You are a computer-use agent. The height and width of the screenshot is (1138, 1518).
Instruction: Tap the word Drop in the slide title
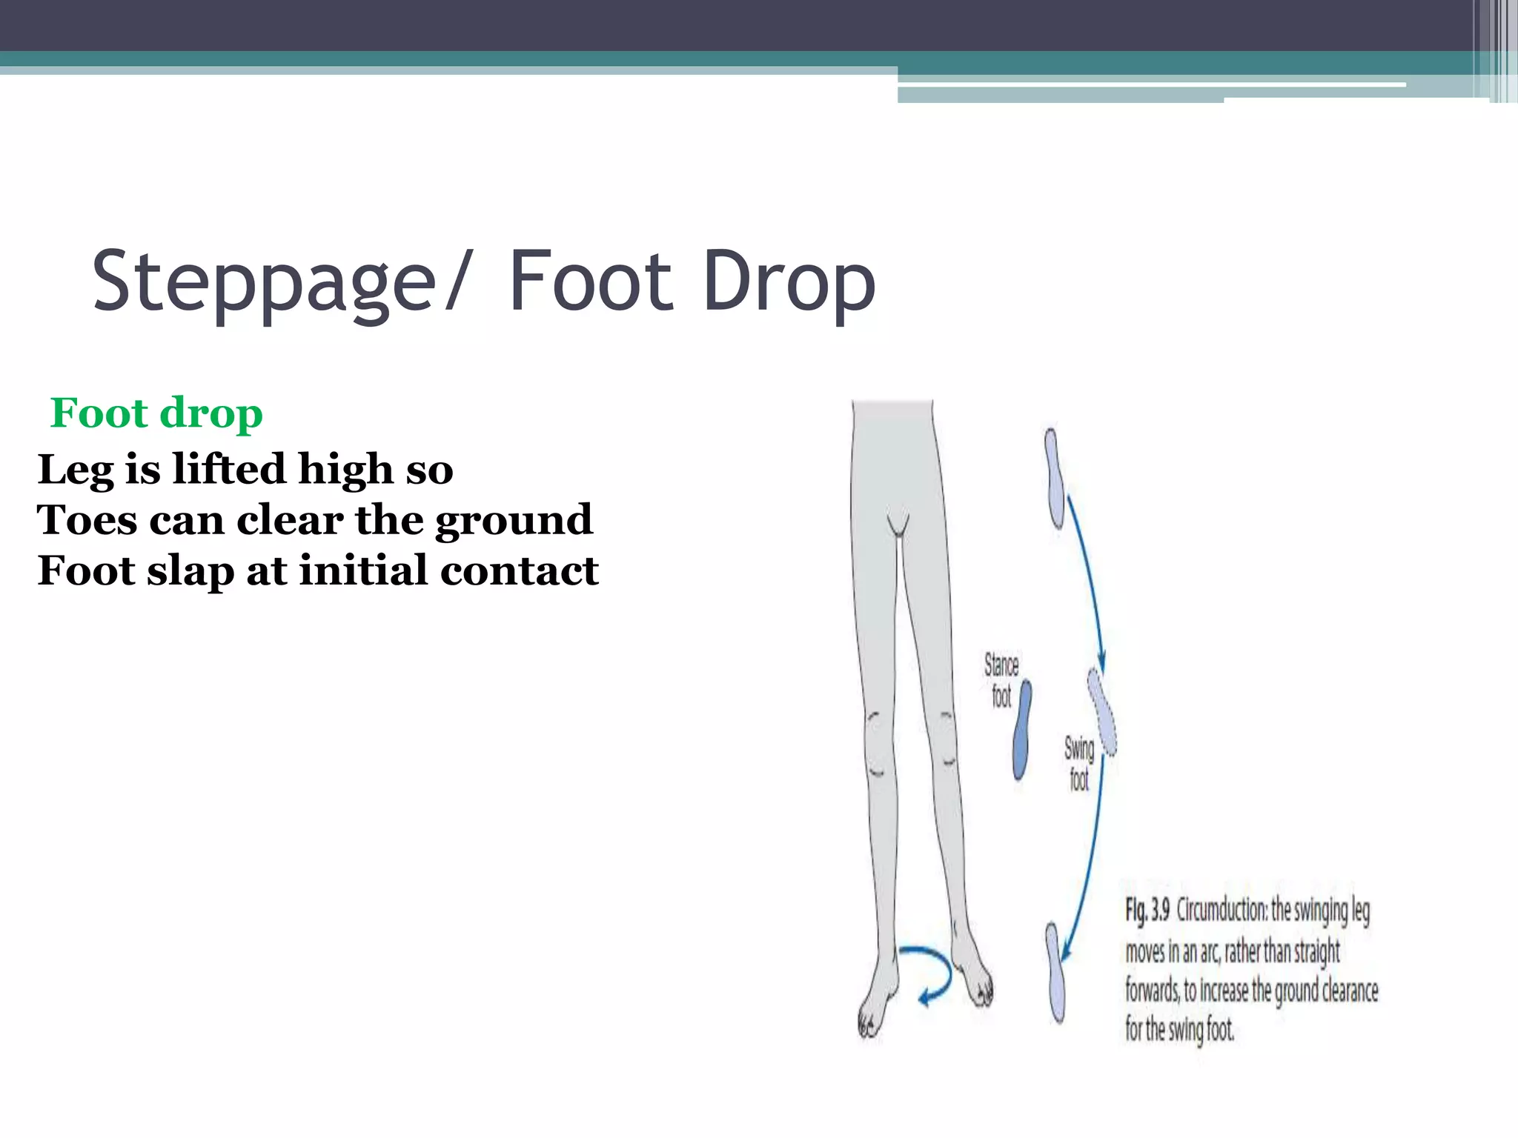pyautogui.click(x=789, y=282)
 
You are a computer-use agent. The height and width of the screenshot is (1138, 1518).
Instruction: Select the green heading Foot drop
pyautogui.click(x=156, y=413)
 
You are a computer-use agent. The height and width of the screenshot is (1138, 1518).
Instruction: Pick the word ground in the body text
pyautogui.click(x=514, y=521)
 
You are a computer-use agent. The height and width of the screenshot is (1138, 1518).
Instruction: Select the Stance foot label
pyautogui.click(x=1001, y=680)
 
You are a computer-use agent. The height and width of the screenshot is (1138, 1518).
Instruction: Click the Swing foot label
pyautogui.click(x=1079, y=763)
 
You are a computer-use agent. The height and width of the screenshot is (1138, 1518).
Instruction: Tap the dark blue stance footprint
pyautogui.click(x=1023, y=731)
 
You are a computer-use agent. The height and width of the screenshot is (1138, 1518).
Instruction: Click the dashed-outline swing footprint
pyautogui.click(x=1102, y=711)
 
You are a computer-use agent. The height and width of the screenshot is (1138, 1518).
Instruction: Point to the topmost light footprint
pyautogui.click(x=1055, y=478)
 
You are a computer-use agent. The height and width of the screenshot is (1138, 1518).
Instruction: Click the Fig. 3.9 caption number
pyautogui.click(x=1147, y=910)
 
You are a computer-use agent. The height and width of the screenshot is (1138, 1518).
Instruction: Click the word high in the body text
pyautogui.click(x=345, y=469)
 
